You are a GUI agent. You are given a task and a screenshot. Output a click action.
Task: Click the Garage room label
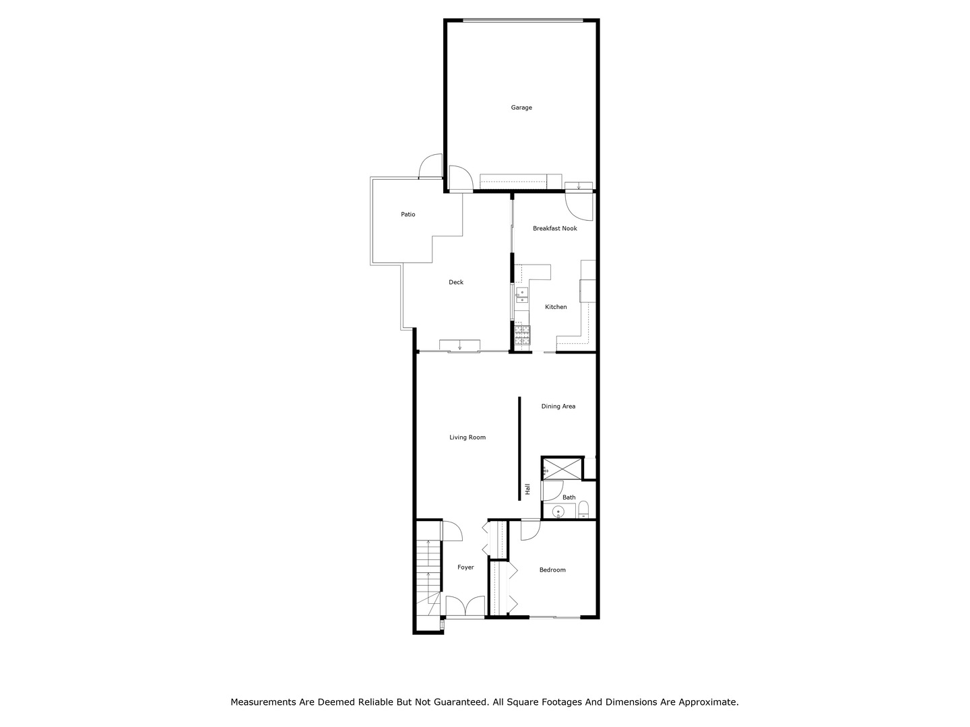[x=521, y=108]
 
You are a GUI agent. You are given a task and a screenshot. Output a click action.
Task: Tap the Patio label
[x=408, y=215]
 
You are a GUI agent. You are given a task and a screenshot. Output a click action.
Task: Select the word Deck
[x=456, y=283]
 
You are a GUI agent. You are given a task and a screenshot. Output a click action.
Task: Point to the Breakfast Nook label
[x=554, y=229]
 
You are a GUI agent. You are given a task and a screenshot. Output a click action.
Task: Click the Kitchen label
[x=556, y=307]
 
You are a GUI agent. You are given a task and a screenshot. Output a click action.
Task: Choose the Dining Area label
[x=558, y=407]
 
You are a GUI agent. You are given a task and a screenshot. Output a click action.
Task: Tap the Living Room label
[x=467, y=438]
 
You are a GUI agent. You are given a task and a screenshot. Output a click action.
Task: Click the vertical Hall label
[x=528, y=489]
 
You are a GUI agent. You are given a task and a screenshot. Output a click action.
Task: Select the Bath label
[x=569, y=497]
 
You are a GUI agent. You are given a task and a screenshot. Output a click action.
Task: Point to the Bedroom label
[x=552, y=570]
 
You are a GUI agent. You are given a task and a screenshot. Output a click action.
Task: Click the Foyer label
[x=465, y=567]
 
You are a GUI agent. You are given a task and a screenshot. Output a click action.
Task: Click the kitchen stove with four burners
[x=522, y=335]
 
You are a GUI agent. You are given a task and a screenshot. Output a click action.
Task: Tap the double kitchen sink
[x=521, y=296]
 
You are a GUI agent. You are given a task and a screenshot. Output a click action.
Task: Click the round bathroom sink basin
[x=558, y=512]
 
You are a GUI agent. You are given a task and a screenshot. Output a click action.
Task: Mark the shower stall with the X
[x=562, y=469]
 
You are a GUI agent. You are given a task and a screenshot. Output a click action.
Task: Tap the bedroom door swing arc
[x=530, y=530]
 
